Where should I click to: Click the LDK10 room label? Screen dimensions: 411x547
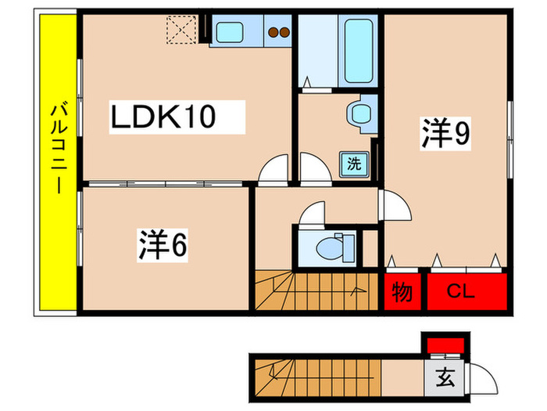click(x=163, y=117)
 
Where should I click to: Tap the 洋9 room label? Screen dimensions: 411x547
click(x=446, y=135)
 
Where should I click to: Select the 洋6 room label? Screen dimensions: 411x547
click(x=163, y=245)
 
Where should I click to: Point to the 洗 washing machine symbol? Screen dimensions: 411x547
click(x=355, y=164)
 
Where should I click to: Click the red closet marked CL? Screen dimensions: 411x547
click(x=465, y=293)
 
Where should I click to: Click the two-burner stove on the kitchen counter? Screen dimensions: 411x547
click(x=278, y=33)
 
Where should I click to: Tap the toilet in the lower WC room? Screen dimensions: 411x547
click(x=332, y=247)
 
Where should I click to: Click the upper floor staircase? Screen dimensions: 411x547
click(x=313, y=289)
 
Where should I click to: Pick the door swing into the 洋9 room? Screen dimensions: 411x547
click(x=395, y=208)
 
